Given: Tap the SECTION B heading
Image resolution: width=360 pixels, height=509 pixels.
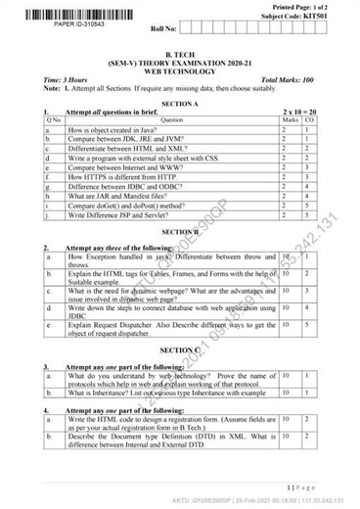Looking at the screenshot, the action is coord(179,231).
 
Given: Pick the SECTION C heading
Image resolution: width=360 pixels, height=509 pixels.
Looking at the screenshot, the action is coord(179,349).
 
